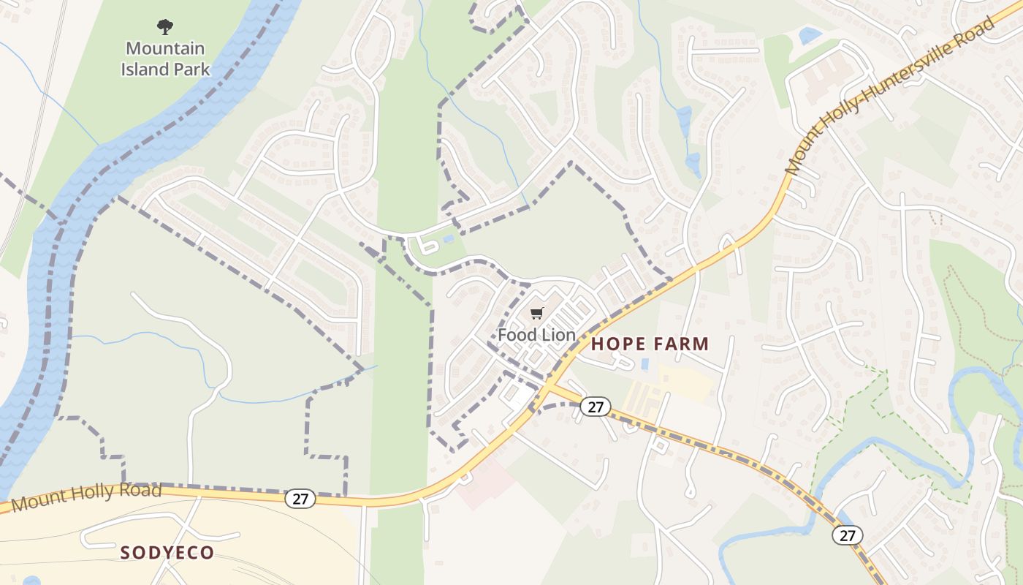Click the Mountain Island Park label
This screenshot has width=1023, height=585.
pyautogui.click(x=165, y=59)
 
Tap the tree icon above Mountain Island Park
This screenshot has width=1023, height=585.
pyautogui.click(x=165, y=27)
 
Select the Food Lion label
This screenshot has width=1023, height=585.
pyautogui.click(x=536, y=335)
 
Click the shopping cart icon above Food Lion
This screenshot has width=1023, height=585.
pyautogui.click(x=537, y=314)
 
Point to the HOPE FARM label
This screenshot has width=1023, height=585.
pyautogui.click(x=650, y=344)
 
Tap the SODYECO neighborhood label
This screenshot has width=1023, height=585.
pyautogui.click(x=167, y=552)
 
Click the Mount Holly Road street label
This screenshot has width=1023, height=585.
pyautogui.click(x=86, y=497)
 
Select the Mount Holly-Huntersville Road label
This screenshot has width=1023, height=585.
pyautogui.click(x=890, y=95)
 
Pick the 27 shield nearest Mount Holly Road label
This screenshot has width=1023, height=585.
pyautogui.click(x=300, y=499)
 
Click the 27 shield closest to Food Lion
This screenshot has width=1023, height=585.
pyautogui.click(x=595, y=407)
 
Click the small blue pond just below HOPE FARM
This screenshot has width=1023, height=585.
pyautogui.click(x=644, y=363)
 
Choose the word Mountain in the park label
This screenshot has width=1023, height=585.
pyautogui.click(x=165, y=48)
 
